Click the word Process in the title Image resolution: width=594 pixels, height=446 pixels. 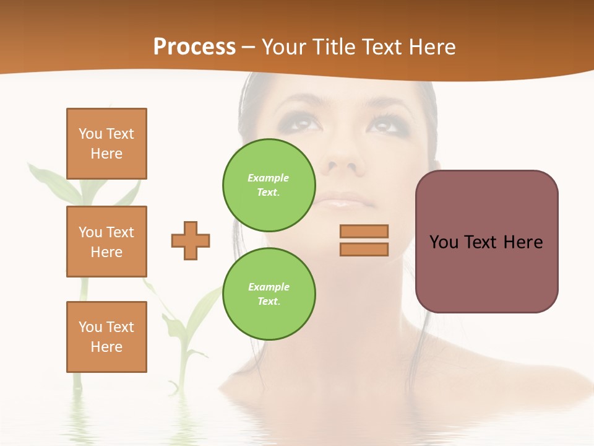tap(194, 47)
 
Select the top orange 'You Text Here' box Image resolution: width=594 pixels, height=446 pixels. tap(106, 144)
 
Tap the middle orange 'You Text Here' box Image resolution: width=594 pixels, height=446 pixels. tap(106, 242)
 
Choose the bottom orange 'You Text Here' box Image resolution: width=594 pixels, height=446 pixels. tap(106, 337)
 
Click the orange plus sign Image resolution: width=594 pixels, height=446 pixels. tap(191, 240)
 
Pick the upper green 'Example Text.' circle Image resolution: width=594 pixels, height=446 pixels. tap(269, 185)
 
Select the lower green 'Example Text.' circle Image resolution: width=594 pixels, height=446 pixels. tap(269, 294)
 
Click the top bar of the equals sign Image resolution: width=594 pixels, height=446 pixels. tap(364, 231)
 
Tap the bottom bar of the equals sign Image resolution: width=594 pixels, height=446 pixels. tap(364, 249)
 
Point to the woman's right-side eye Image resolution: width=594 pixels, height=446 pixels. tap(385, 123)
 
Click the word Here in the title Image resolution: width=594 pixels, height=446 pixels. tap(431, 47)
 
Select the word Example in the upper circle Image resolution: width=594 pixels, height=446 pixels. tap(268, 178)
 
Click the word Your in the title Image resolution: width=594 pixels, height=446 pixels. tap(283, 47)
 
